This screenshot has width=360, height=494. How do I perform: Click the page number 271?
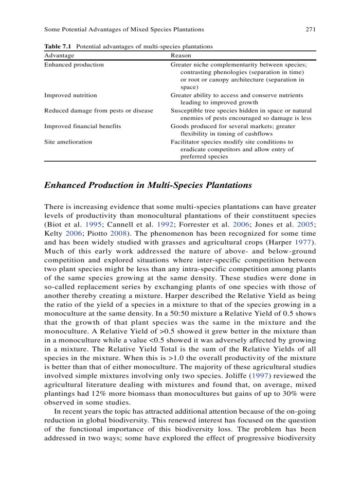tap(310, 29)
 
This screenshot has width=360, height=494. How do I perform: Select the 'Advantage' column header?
tap(59, 55)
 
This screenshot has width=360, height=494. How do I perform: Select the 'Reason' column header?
tap(181, 55)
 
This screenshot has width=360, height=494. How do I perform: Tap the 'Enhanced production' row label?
tap(74, 65)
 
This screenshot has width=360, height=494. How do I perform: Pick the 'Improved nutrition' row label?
tap(70, 95)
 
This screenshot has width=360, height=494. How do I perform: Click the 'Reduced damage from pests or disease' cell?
tap(99, 111)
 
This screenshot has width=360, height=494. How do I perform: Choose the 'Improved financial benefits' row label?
tap(83, 126)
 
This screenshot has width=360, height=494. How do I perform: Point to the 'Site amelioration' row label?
tap(68, 142)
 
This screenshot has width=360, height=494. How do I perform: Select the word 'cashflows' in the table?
tap(256, 133)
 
